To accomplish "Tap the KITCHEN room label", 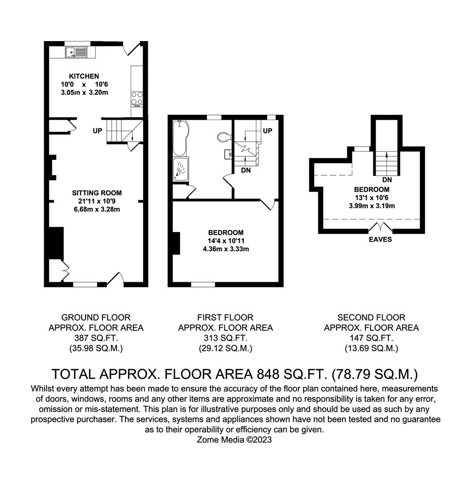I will click(80, 76).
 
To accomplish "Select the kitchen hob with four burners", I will click(137, 98).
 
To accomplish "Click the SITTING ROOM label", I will click(97, 193).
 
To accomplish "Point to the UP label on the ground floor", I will click(98, 131).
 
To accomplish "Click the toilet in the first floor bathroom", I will click(224, 137).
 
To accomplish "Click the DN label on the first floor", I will click(246, 170).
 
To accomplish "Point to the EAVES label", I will click(381, 239).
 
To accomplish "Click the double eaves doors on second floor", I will click(381, 228).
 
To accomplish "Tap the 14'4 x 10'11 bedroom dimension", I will click(226, 241).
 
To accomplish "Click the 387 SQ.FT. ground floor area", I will click(96, 338).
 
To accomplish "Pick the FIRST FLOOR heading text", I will click(225, 317).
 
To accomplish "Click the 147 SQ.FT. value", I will click(371, 338).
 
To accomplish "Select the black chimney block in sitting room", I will click(55, 243).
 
